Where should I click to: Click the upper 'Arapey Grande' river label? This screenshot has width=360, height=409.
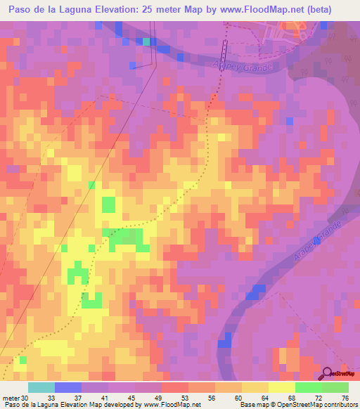(241, 65)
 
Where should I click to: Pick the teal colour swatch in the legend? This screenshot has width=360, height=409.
(41, 387)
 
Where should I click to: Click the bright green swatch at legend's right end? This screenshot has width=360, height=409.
(335, 387)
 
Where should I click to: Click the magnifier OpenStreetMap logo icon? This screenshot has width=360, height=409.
(328, 373)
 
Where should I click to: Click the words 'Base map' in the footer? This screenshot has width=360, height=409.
(252, 405)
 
